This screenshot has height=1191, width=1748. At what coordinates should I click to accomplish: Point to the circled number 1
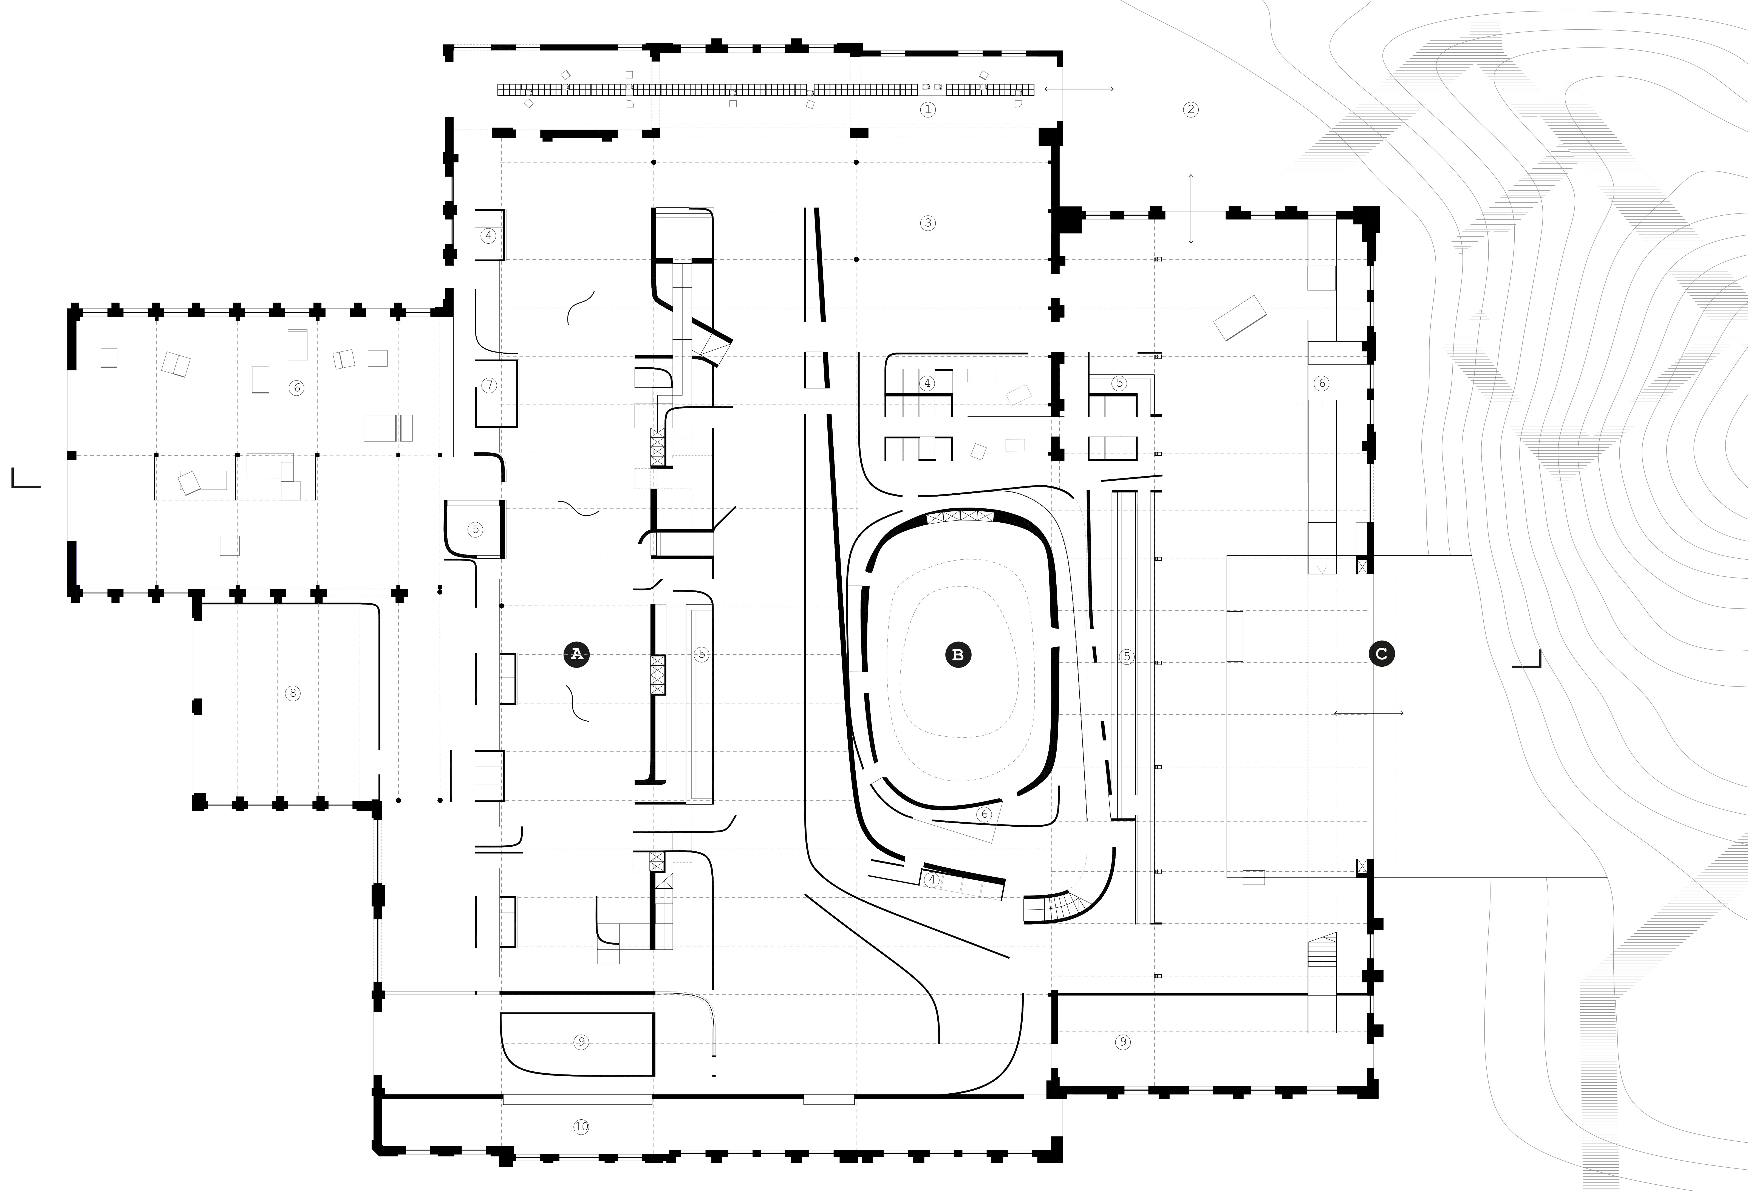pos(927,109)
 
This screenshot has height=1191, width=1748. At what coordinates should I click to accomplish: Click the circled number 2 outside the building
pos(1190,109)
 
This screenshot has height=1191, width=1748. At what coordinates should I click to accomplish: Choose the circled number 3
pos(927,223)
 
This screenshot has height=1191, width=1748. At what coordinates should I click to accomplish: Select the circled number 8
pos(293,693)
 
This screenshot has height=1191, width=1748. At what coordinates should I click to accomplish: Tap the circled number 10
pos(581,1126)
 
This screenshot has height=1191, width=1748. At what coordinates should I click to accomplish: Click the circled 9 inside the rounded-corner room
pos(581,1042)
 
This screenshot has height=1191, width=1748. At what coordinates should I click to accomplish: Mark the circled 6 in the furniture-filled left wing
pos(296,387)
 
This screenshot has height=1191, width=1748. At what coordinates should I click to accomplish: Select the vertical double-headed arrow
pos(1191,209)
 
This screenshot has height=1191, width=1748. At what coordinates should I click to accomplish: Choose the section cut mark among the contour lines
pos(1527,659)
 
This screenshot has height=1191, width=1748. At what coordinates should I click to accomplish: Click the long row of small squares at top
pos(766,89)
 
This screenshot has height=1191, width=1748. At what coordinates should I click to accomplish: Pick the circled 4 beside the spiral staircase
pos(932,880)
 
